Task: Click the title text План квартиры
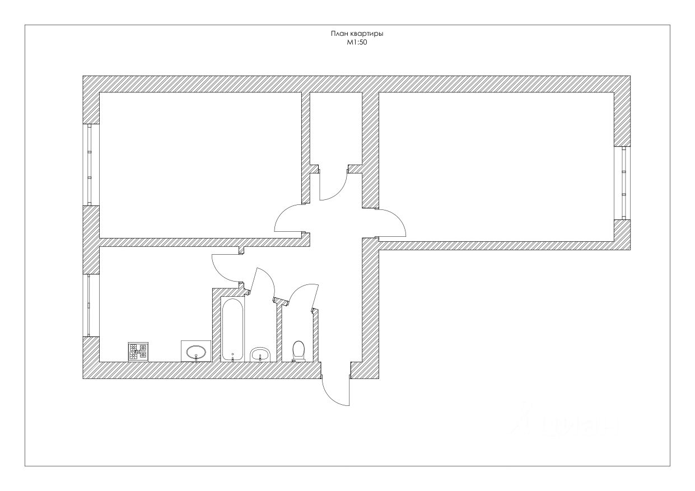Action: pos(360,34)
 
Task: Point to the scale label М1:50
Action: pos(356,42)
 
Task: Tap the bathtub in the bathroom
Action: pos(232,328)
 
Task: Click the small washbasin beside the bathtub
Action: pos(260,354)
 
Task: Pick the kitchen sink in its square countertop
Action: pos(195,352)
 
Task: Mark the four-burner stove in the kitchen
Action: pos(138,351)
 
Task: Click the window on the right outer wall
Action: pos(623,182)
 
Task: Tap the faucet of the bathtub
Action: pos(232,355)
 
